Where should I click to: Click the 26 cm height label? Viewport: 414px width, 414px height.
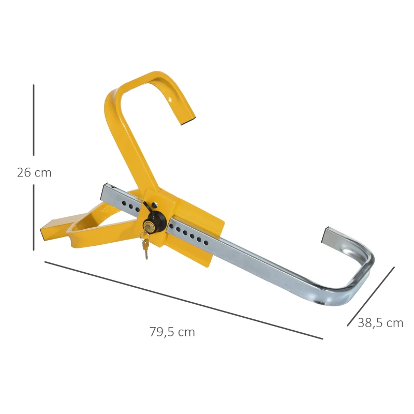click(x=34, y=173)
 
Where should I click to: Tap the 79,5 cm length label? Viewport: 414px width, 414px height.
click(x=172, y=332)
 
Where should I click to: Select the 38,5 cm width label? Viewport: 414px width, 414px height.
click(x=380, y=323)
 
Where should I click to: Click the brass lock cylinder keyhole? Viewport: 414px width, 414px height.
click(x=149, y=226)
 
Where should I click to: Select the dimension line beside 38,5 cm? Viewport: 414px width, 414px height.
click(x=371, y=297)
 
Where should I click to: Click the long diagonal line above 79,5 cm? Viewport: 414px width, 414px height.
click(x=184, y=300)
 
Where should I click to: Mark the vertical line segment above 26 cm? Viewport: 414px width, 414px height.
click(x=34, y=120)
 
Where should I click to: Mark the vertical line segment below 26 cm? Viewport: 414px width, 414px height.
click(x=34, y=217)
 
